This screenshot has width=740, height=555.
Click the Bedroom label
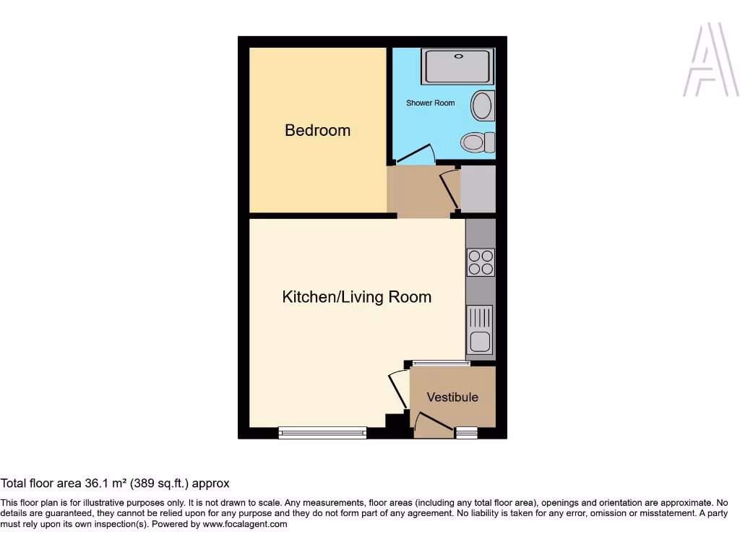point(317,131)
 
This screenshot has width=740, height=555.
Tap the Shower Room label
point(430,103)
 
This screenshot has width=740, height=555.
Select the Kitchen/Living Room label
point(356,297)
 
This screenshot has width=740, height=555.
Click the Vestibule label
point(452,397)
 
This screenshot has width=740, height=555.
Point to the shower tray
point(457,66)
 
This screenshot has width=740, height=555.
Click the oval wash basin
point(482,106)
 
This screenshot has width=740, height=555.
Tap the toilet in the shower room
point(476,142)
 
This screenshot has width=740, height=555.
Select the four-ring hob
point(481,262)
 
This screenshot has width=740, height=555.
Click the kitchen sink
point(481,330)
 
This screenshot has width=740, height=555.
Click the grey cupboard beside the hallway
point(478,189)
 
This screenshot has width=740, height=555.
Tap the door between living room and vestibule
point(398,390)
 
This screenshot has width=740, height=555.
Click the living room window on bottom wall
point(322,433)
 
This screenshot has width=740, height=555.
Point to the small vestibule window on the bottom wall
point(467,433)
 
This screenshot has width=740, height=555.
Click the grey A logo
point(710,61)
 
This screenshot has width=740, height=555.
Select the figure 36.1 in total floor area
point(99,483)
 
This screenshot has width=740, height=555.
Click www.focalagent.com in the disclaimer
point(244,525)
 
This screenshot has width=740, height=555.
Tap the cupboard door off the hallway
point(448,189)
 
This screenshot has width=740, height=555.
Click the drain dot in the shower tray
point(457,56)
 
